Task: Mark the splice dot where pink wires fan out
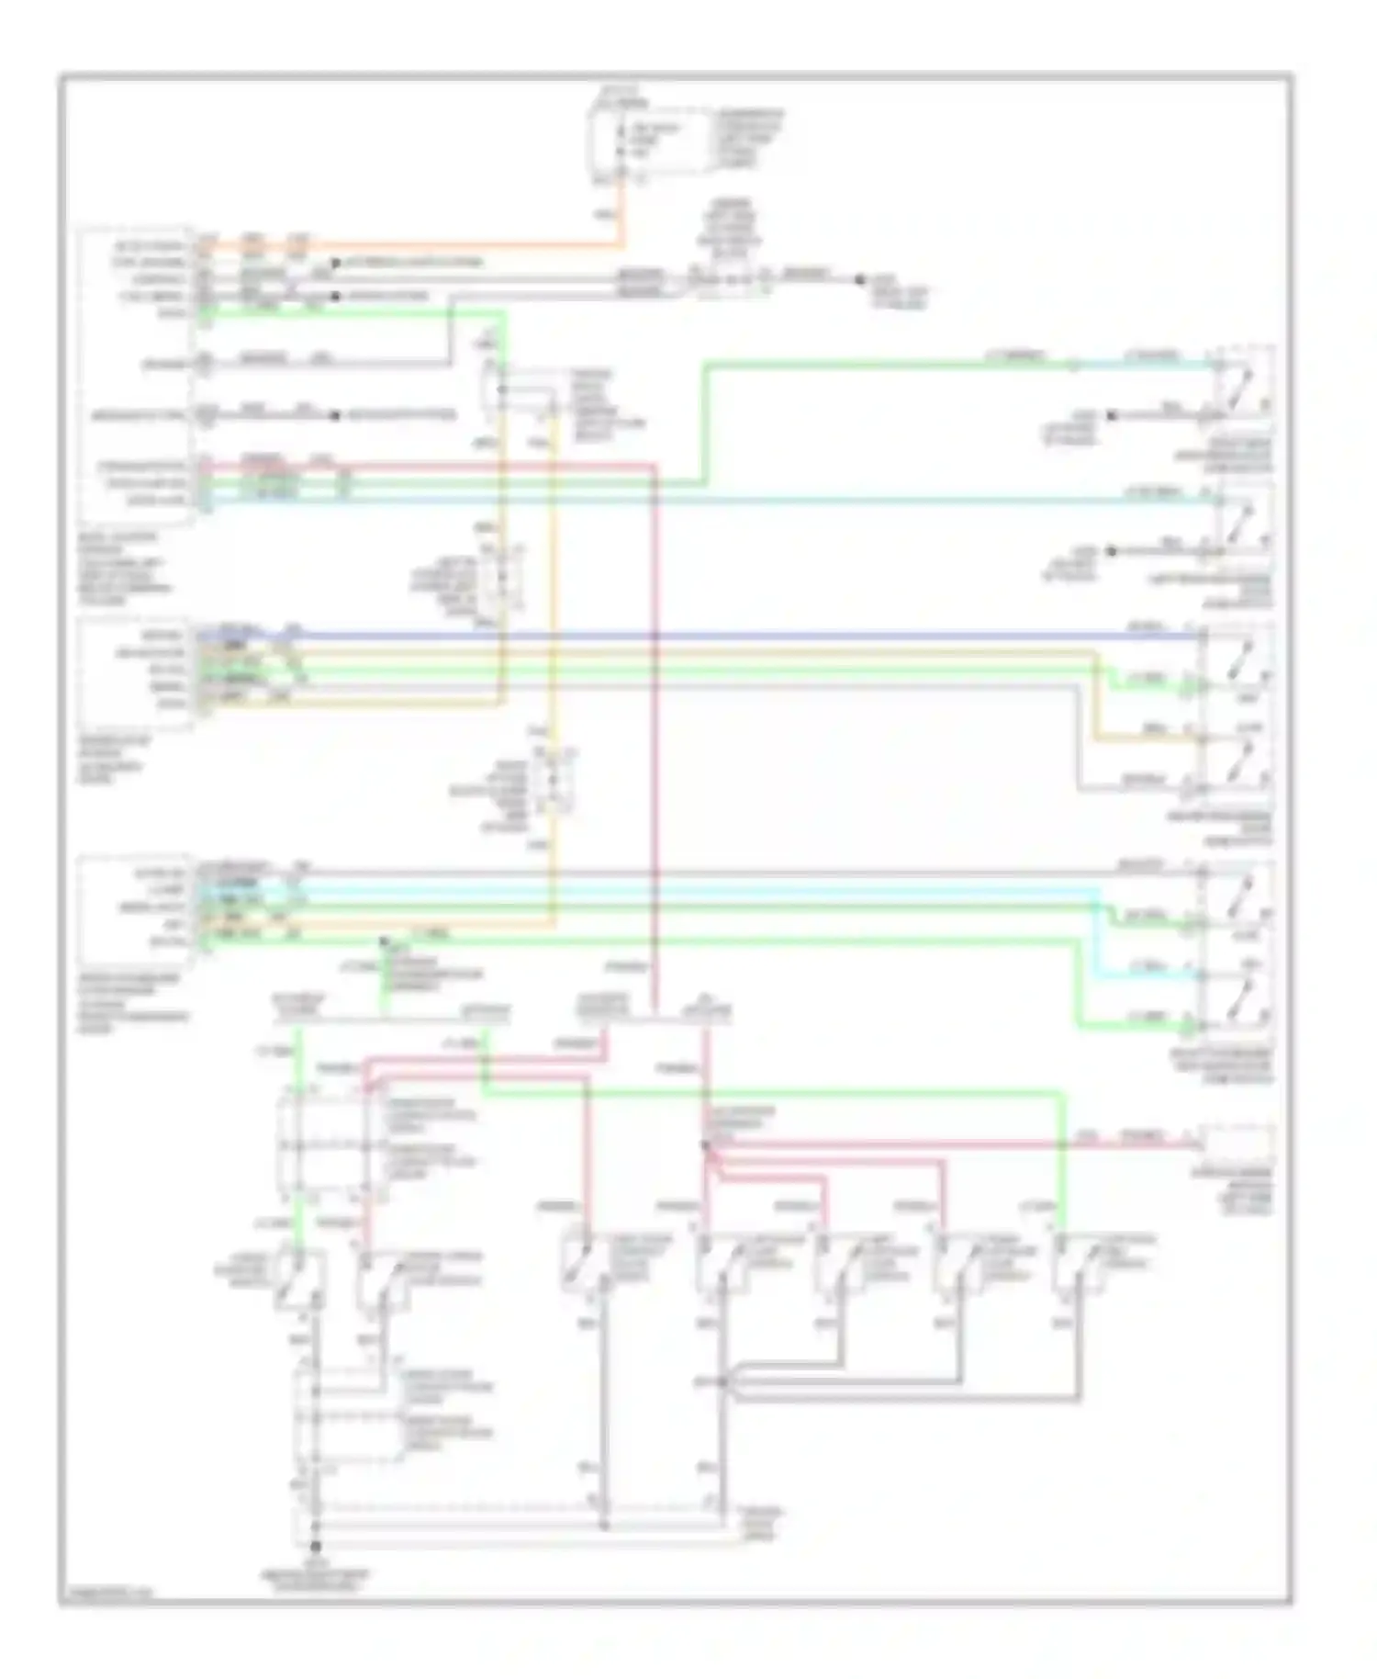705,1146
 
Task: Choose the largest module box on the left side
138,376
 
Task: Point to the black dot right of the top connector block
860,279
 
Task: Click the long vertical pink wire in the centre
655,735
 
